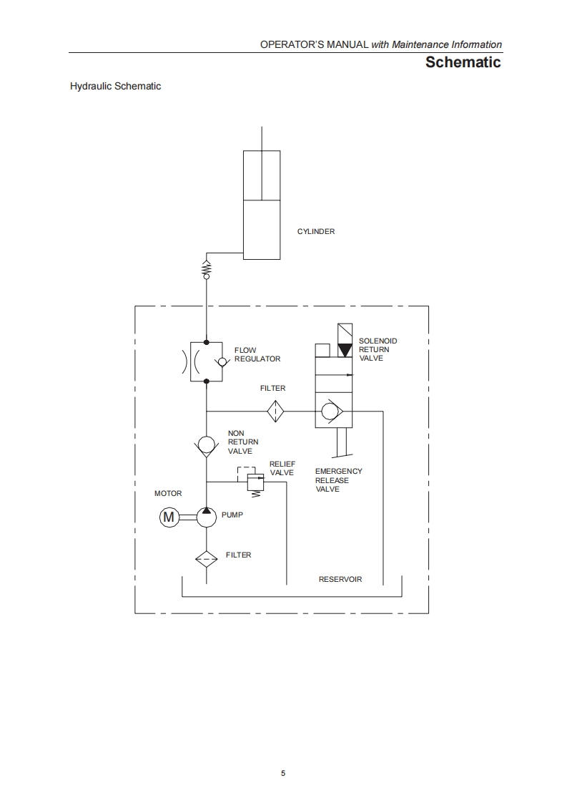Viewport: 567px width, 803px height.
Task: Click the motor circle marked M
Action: point(169,517)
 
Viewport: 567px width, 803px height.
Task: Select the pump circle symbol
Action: point(207,517)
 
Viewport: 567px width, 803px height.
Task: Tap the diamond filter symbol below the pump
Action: point(207,558)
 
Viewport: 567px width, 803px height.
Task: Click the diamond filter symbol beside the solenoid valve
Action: point(276,412)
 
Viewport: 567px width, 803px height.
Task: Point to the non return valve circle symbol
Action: point(207,445)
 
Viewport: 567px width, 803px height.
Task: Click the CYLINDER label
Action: point(315,232)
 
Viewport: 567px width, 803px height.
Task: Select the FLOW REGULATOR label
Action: point(257,354)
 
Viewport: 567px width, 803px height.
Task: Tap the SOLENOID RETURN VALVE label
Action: point(378,349)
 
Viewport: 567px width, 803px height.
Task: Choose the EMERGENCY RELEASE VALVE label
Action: point(338,480)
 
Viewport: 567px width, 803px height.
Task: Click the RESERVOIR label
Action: point(340,579)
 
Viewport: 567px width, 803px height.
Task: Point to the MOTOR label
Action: point(168,494)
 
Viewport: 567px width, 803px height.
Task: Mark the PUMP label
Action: point(232,515)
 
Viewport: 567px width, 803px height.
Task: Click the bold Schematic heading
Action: point(463,62)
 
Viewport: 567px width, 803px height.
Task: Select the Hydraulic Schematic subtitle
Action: point(115,87)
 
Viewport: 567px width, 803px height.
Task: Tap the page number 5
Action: point(283,773)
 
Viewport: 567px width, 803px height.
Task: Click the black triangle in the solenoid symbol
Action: point(345,351)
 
